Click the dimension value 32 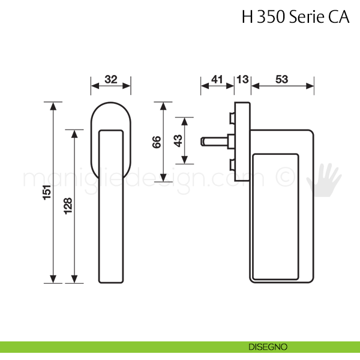click(111, 79)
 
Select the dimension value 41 click(217, 79)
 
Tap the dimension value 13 click(242, 79)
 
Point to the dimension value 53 click(282, 79)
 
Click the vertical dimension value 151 click(47, 192)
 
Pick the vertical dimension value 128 click(68, 206)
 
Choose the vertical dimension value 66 click(157, 142)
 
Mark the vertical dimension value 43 click(178, 141)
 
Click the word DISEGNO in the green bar click(268, 347)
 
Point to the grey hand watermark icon click(324, 180)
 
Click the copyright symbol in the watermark click(285, 177)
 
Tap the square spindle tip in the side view click(203, 142)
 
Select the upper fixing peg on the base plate click(232, 118)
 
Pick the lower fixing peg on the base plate click(232, 165)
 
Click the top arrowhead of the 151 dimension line click(53, 106)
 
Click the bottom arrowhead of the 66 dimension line click(163, 178)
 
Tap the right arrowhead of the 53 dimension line click(310, 86)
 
